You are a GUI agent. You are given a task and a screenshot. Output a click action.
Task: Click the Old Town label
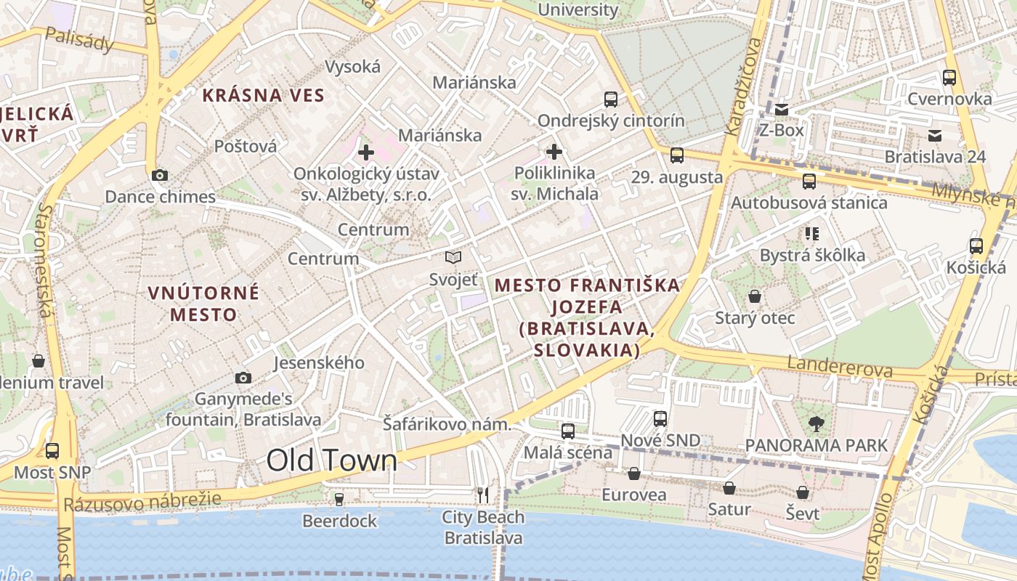(332, 460)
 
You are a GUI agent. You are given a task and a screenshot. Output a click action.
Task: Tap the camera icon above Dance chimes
(160, 175)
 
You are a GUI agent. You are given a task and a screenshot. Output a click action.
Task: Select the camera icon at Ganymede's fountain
(243, 378)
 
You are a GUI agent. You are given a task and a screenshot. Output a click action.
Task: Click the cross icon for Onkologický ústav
(366, 153)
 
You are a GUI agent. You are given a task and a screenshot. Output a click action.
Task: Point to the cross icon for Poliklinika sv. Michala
(554, 152)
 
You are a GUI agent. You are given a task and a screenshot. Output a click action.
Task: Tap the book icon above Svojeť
(453, 257)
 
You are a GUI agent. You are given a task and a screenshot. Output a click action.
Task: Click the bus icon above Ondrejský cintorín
(611, 99)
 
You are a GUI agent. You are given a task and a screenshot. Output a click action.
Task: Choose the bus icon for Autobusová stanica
(809, 182)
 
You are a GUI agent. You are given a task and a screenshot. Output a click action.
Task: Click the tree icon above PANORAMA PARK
(817, 423)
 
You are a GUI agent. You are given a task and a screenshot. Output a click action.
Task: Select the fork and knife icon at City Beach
(483, 495)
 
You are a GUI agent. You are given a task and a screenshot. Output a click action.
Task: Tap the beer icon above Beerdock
(339, 499)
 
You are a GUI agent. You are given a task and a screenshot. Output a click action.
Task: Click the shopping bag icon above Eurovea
(634, 474)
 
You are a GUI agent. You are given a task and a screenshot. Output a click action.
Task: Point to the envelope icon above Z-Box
(782, 110)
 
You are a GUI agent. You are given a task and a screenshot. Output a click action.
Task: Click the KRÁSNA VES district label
(263, 95)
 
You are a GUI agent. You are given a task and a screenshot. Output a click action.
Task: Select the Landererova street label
(840, 367)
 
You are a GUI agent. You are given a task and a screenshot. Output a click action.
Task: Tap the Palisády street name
(79, 40)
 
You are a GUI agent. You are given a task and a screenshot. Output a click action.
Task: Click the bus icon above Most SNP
(52, 450)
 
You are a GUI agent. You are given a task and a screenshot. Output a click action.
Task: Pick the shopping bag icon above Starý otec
(755, 296)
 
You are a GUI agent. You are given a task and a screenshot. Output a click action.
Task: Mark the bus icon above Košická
(976, 246)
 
